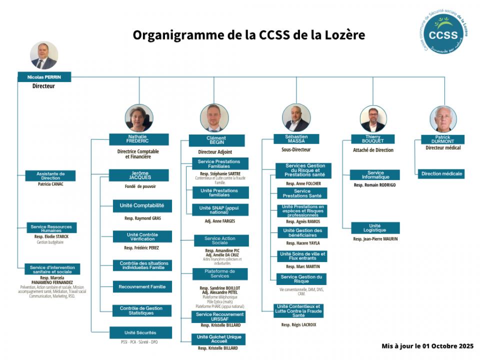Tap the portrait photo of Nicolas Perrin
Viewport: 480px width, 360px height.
pyautogui.click(x=44, y=55)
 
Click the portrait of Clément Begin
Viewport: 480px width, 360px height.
pyautogui.click(x=214, y=118)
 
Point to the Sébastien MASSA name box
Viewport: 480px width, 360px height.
pyautogui.click(x=296, y=139)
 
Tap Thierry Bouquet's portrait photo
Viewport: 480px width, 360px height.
pyautogui.click(x=373, y=119)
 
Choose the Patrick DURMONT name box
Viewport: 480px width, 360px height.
pyautogui.click(x=442, y=139)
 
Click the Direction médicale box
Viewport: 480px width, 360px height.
pyautogui.click(x=441, y=174)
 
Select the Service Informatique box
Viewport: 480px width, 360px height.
pyautogui.click(x=375, y=175)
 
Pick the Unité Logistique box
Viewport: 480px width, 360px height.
pyautogui.click(x=374, y=228)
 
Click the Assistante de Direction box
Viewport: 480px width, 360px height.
pyautogui.click(x=50, y=175)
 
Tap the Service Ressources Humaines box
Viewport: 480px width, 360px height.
pyautogui.click(x=51, y=228)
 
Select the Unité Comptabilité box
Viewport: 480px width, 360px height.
pyautogui.click(x=142, y=205)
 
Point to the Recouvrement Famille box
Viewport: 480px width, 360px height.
pyautogui.click(x=142, y=287)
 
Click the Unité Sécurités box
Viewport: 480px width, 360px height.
pyautogui.click(x=140, y=332)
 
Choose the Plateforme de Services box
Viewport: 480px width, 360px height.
pyautogui.click(x=220, y=274)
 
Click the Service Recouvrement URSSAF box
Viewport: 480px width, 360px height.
pyautogui.click(x=220, y=316)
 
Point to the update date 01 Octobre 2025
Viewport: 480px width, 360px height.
pyautogui.click(x=427, y=346)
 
